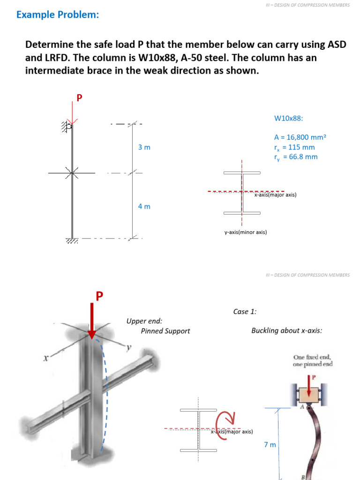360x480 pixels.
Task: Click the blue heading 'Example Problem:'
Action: [58, 15]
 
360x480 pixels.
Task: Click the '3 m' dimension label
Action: [144, 147]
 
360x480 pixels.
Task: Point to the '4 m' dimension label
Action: [144, 206]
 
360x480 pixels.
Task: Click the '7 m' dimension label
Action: [270, 444]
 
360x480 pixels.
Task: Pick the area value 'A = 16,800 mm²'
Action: [300, 137]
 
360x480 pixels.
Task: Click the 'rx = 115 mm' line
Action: [294, 147]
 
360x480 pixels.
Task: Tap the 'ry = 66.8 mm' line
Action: [296, 157]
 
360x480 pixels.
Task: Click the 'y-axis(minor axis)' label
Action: [246, 232]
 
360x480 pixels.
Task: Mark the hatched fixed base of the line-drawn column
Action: [72, 241]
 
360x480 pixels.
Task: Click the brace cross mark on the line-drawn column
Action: [72, 173]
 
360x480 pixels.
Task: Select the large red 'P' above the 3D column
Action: [99, 296]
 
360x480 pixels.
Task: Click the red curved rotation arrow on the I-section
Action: [225, 424]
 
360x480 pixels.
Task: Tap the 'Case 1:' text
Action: [245, 312]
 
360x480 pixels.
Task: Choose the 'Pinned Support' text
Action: [165, 331]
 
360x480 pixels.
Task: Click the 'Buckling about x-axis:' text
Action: [286, 330]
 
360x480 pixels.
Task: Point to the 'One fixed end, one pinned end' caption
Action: [313, 360]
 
